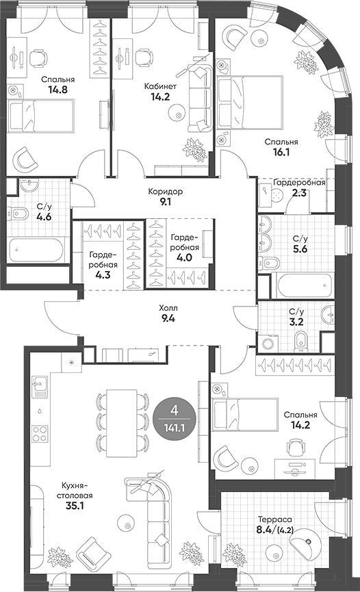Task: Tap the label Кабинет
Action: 161,86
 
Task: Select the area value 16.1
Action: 279,153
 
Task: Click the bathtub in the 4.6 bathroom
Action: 38,250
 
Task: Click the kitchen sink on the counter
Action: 38,388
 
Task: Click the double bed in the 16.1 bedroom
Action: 249,101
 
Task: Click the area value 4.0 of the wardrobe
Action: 184,258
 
